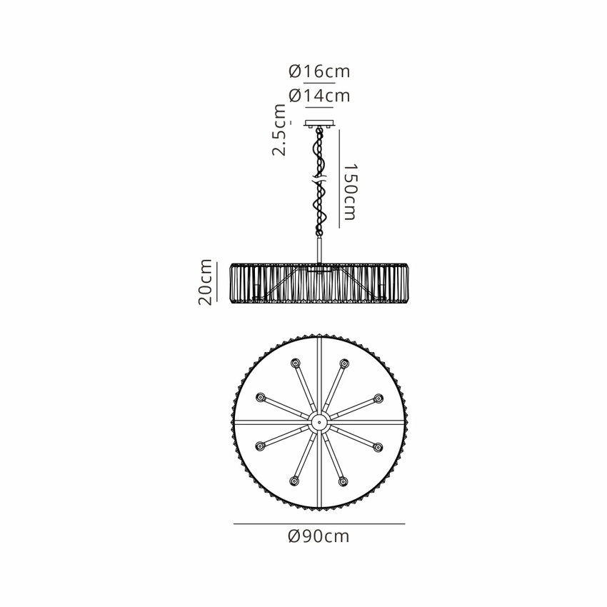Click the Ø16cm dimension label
click(319, 71)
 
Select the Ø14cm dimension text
click(319, 96)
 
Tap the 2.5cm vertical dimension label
click(279, 130)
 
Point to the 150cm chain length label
click(350, 192)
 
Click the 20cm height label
click(205, 282)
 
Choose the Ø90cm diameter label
click(319, 536)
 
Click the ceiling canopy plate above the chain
click(319, 124)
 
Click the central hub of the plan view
click(319, 421)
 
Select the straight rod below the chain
click(319, 251)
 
